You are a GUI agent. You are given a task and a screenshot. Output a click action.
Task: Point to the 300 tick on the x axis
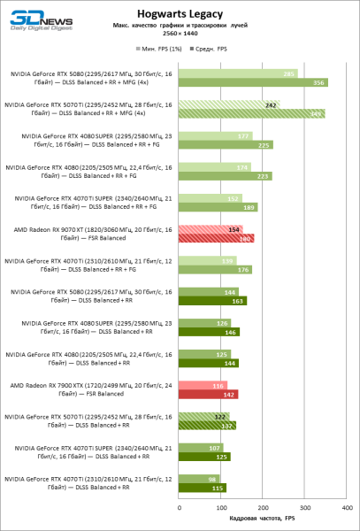304,508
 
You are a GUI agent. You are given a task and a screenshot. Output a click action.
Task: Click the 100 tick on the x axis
221,508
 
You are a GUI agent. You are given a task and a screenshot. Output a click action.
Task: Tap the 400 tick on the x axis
346,508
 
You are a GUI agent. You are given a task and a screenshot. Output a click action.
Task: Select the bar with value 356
253,83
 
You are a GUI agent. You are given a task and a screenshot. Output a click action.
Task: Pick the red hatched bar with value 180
216,238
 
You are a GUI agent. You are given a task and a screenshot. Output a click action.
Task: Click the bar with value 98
199,478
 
